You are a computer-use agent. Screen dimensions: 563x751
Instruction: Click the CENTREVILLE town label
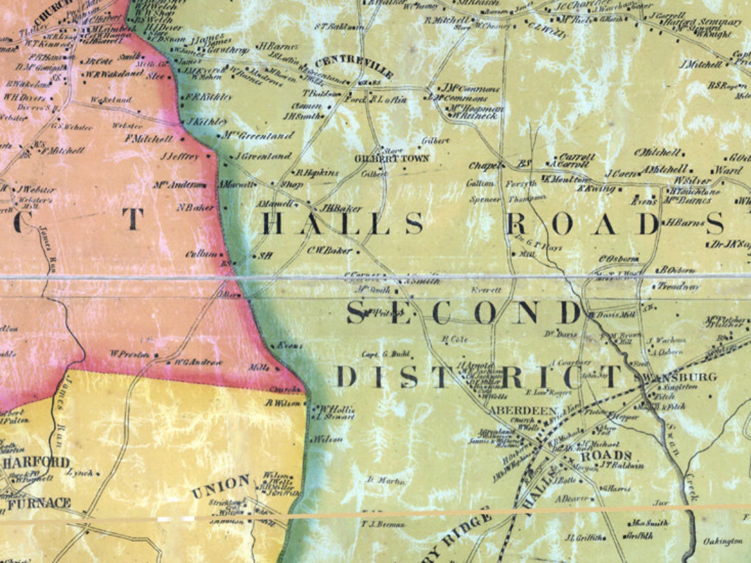pyautogui.click(x=353, y=67)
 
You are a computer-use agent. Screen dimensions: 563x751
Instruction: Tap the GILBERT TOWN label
pyautogui.click(x=392, y=158)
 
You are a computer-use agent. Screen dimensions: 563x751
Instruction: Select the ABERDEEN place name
pyautogui.click(x=523, y=411)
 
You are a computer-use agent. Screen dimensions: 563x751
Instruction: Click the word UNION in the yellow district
pyautogui.click(x=221, y=486)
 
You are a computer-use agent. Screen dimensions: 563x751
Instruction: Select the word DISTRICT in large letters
pyautogui.click(x=478, y=377)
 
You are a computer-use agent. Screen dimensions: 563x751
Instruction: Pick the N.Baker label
pyautogui.click(x=195, y=207)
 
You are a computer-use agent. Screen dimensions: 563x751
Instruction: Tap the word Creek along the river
pyautogui.click(x=692, y=487)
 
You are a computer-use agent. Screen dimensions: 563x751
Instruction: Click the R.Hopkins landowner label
pyautogui.click(x=317, y=173)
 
